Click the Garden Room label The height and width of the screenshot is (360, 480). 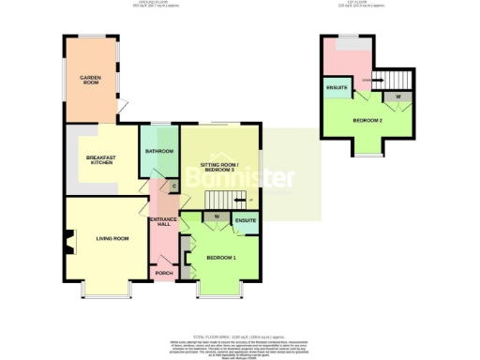click(90, 80)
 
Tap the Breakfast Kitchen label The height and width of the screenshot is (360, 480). click(101, 160)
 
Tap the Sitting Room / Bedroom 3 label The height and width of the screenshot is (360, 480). click(220, 168)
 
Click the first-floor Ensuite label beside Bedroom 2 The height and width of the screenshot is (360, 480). click(337, 89)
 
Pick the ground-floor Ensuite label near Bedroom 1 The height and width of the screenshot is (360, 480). click(247, 221)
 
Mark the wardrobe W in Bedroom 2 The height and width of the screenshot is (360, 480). click(398, 97)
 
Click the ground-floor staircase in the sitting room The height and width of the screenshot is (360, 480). click(225, 200)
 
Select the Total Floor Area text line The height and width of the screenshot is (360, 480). click(238, 335)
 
